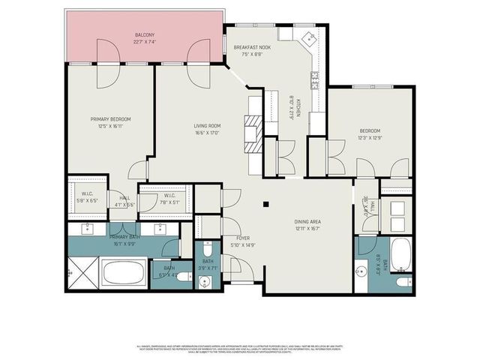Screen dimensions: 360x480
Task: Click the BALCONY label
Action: pyautogui.click(x=145, y=35)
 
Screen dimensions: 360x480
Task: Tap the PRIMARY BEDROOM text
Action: pyautogui.click(x=111, y=119)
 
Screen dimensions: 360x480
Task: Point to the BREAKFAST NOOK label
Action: pyautogui.click(x=251, y=47)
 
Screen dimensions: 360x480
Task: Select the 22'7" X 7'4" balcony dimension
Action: pyautogui.click(x=145, y=42)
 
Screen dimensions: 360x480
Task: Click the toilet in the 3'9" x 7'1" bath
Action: pyautogui.click(x=206, y=281)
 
